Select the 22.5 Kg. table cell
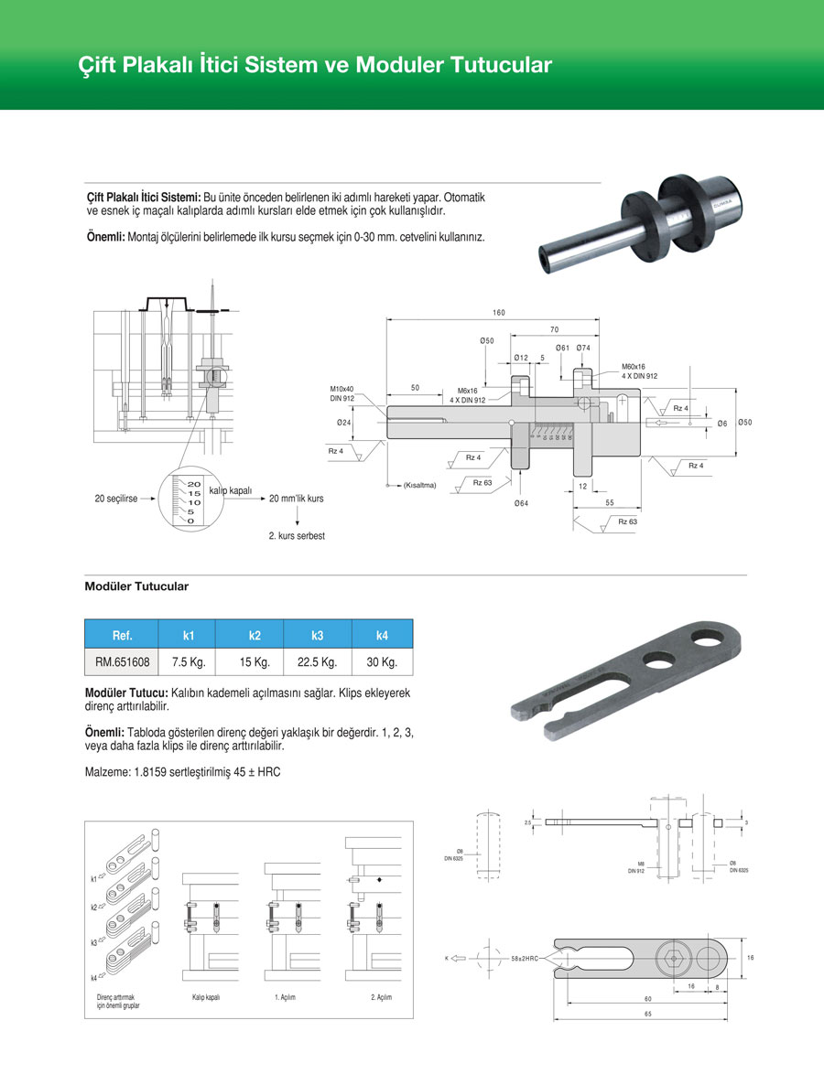(x=317, y=662)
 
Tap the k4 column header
(x=382, y=635)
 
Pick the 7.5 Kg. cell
(x=189, y=662)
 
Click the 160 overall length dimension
(x=498, y=313)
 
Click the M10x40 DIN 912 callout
(x=342, y=393)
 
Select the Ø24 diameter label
(x=344, y=423)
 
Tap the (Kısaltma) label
(x=419, y=485)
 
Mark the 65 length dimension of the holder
(x=647, y=1014)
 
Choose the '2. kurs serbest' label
(x=296, y=535)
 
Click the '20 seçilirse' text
(x=116, y=499)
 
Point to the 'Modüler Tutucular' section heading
(x=136, y=585)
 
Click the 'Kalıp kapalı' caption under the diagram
(x=206, y=996)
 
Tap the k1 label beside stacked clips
(x=95, y=879)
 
